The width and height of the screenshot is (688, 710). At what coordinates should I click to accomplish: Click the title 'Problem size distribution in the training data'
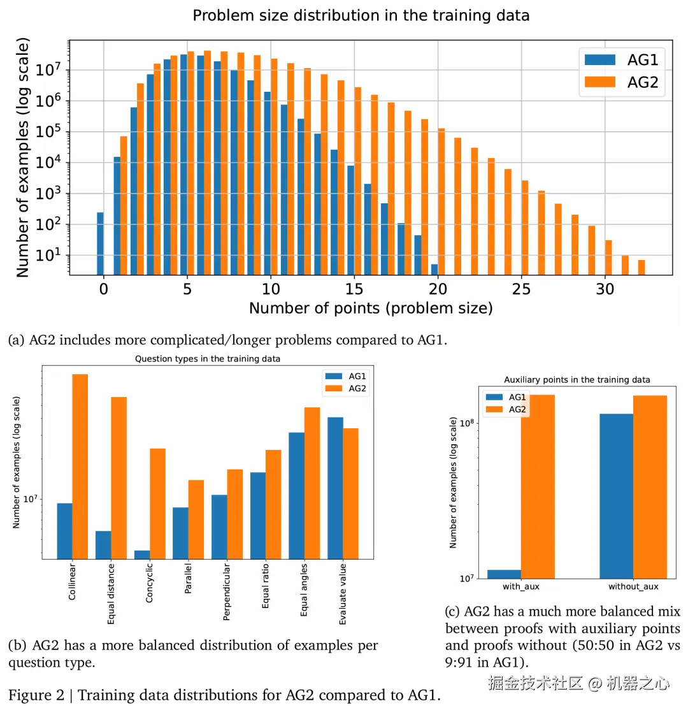pyautogui.click(x=361, y=15)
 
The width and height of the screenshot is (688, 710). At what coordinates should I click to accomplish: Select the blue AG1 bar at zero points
pyautogui.click(x=100, y=243)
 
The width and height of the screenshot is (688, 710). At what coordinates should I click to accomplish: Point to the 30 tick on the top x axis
pyautogui.click(x=605, y=289)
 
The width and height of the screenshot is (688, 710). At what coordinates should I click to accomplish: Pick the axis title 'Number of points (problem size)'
pyautogui.click(x=371, y=308)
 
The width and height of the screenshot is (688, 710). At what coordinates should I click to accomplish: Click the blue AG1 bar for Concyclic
pyautogui.click(x=142, y=554)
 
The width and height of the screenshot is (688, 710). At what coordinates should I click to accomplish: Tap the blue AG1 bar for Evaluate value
pyautogui.click(x=335, y=488)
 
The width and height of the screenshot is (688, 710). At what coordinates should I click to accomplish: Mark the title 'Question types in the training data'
pyautogui.click(x=208, y=359)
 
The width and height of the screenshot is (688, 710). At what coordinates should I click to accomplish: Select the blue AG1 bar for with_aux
pyautogui.click(x=503, y=574)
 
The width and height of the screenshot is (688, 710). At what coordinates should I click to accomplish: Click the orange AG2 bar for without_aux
pyautogui.click(x=650, y=487)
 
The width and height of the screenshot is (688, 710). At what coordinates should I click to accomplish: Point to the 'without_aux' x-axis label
pyautogui.click(x=633, y=586)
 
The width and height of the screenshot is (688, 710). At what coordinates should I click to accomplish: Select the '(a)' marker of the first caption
pyautogui.click(x=17, y=340)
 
